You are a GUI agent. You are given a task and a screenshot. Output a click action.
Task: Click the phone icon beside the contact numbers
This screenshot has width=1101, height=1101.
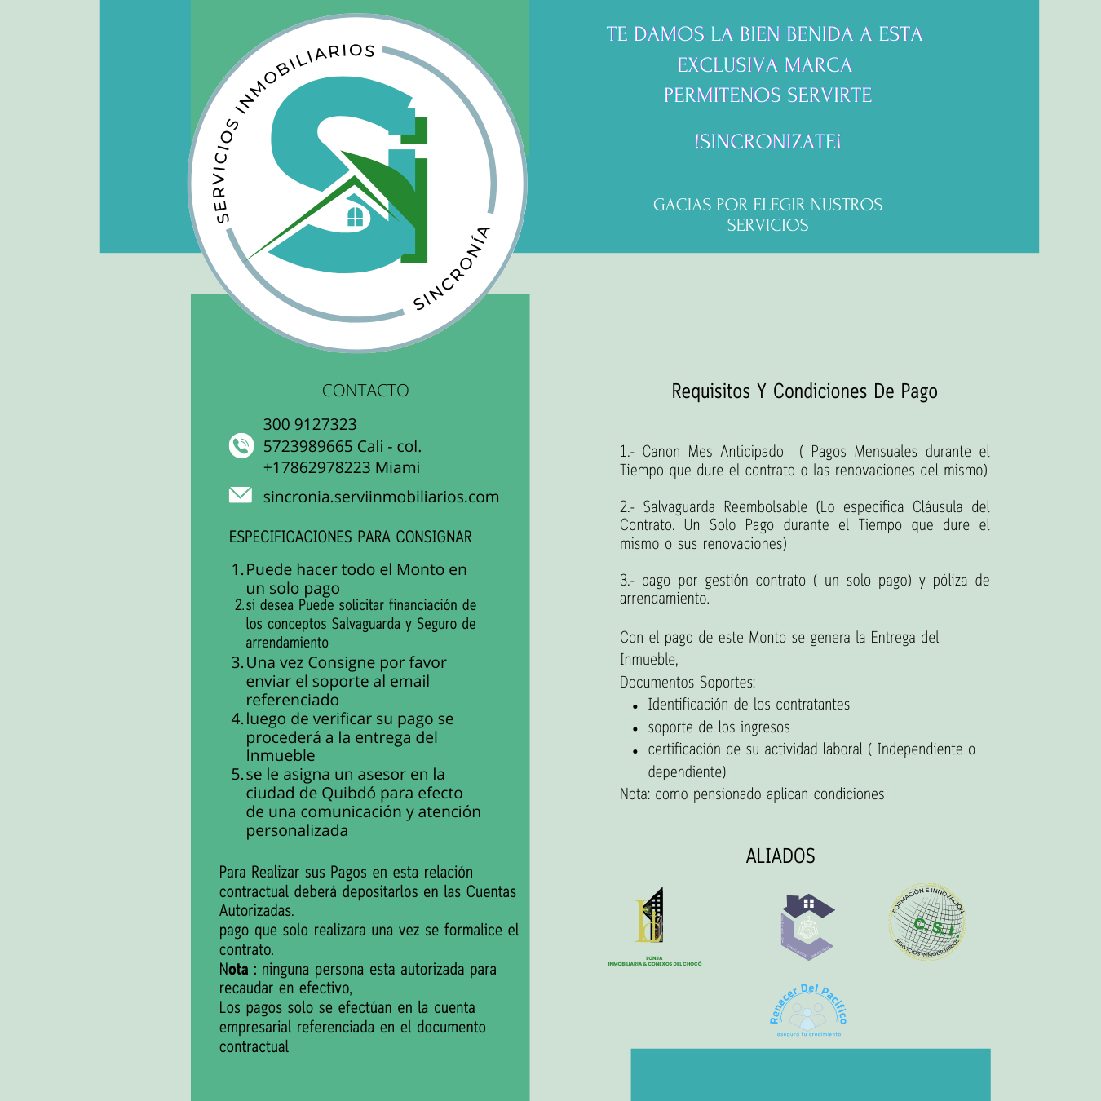[241, 445]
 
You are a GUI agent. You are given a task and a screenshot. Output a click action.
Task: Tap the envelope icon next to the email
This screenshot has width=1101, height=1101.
[241, 495]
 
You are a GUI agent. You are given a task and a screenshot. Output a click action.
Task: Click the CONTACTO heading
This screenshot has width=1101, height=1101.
[365, 391]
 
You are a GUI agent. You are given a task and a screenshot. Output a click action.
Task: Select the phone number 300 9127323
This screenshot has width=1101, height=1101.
[310, 424]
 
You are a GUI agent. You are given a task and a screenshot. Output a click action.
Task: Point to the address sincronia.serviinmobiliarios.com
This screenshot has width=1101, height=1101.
[381, 497]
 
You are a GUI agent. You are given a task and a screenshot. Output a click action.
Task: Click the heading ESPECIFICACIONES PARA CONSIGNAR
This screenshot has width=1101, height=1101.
[350, 537]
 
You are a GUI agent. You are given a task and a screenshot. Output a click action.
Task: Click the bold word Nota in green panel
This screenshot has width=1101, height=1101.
[233, 969]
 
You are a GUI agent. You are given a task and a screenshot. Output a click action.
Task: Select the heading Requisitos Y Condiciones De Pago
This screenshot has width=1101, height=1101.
[804, 391]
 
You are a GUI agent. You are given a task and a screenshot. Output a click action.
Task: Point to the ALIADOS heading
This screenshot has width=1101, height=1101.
[780, 856]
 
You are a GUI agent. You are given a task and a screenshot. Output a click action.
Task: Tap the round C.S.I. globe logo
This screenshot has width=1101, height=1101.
[927, 923]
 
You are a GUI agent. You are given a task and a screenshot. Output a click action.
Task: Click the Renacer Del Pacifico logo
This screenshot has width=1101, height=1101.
[808, 1010]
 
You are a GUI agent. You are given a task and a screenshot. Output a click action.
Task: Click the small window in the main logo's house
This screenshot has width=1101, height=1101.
[356, 217]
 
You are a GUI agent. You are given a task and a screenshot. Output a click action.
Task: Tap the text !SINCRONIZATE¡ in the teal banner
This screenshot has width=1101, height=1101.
[767, 142]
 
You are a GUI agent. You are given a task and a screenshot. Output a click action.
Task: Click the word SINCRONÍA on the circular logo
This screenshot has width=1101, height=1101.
[453, 269]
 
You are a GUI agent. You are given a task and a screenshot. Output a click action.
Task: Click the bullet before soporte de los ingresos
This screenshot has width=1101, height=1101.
[635, 728]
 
